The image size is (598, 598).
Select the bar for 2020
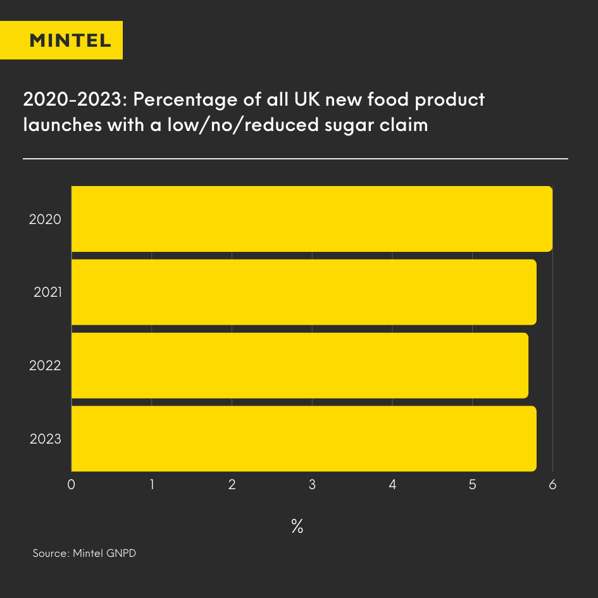[x=311, y=219]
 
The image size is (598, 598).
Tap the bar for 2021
[x=304, y=292]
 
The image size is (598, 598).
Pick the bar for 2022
[x=299, y=366]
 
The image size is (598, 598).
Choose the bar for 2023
[x=304, y=439]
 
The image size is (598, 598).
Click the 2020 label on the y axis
[x=45, y=220]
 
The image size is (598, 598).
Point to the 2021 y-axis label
[x=47, y=292]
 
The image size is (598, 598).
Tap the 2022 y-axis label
[x=45, y=366]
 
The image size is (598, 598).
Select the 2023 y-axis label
[x=45, y=439]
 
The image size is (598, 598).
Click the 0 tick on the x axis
[x=72, y=485]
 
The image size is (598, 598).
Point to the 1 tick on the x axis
[x=152, y=485]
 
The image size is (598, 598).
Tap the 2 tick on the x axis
[x=232, y=485]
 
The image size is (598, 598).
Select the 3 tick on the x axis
[x=312, y=485]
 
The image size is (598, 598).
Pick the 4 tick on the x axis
[x=392, y=485]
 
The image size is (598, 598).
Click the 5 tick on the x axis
[x=472, y=485]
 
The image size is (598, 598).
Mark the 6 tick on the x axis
[x=552, y=485]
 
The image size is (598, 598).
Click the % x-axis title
[x=297, y=526]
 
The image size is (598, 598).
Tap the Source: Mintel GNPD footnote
[x=84, y=553]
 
